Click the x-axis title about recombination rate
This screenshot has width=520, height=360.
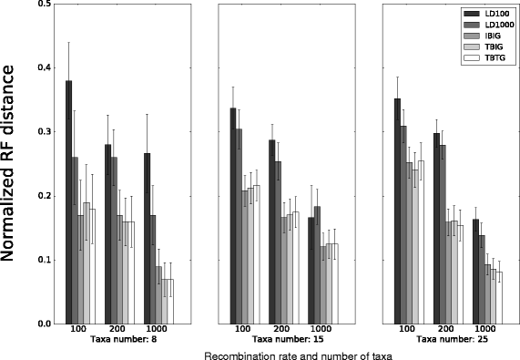(x=298, y=354)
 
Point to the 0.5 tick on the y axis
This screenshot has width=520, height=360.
(x=43, y=5)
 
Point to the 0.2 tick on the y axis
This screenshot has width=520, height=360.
(x=43, y=196)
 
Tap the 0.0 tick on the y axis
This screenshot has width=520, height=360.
(x=43, y=324)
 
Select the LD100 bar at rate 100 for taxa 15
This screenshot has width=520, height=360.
(x=234, y=216)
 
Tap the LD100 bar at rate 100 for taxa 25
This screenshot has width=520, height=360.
(x=399, y=211)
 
